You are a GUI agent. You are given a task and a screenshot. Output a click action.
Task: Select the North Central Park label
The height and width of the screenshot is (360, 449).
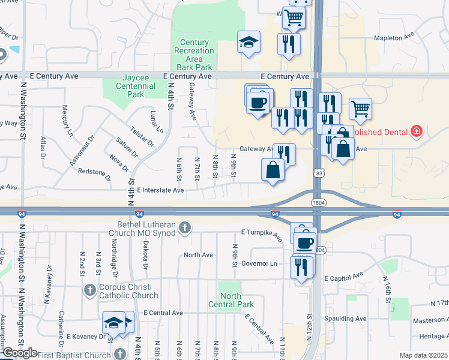tap(231, 300)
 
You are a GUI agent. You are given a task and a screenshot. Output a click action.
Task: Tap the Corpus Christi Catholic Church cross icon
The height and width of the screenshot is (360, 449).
tap(89, 290)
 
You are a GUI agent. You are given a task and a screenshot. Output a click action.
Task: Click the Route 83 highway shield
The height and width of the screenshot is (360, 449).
tap(318, 173)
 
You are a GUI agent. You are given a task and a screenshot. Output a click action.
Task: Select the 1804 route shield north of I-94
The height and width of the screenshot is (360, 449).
tap(319, 203)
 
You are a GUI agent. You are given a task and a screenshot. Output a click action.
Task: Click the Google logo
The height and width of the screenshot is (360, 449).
tap(20, 353)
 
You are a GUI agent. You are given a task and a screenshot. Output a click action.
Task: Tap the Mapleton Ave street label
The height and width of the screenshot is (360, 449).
tap(394, 36)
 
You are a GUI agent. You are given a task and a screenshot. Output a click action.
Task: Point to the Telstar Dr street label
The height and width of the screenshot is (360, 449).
tap(142, 136)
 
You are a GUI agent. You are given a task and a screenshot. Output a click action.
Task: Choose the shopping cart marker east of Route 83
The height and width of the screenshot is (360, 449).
tap(360, 109)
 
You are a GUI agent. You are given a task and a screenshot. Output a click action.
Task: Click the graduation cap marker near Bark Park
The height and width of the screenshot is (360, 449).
tap(249, 42)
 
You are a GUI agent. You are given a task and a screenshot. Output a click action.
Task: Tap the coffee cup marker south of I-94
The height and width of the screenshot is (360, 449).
tap(305, 243)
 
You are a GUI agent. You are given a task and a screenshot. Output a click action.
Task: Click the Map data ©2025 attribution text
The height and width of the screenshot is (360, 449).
tap(423, 355)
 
